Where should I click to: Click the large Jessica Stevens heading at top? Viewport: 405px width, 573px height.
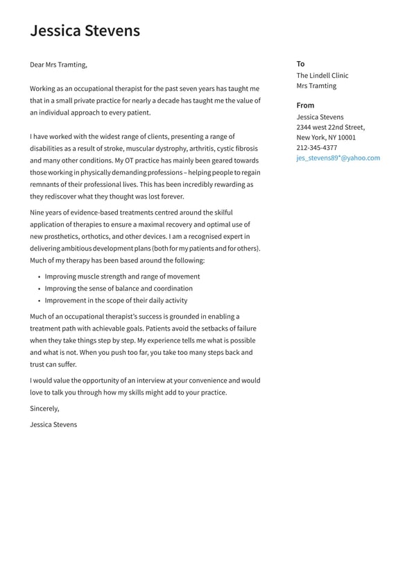coord(85,31)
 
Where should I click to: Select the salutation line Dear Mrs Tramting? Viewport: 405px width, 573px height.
coord(58,65)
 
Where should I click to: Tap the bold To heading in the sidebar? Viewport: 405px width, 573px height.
coord(300,63)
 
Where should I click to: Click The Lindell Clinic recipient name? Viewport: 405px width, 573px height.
coord(322,75)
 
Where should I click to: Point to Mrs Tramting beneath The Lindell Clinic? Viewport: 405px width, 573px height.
coord(316,85)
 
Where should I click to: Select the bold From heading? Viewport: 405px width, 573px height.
coord(305,105)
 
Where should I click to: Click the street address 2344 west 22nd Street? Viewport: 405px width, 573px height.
coord(330,127)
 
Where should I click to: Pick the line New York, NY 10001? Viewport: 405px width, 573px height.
coord(326,138)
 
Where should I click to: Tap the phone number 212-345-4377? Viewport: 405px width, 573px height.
coord(317,147)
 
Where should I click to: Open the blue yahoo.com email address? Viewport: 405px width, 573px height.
coord(338,158)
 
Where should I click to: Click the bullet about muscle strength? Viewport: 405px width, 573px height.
coord(122,276)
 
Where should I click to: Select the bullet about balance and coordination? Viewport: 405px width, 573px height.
coord(119,288)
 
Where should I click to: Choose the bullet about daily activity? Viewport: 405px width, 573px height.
coord(116,301)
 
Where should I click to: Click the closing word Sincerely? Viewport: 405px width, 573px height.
coord(44,408)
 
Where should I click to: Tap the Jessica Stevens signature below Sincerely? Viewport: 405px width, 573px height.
coord(53,424)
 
